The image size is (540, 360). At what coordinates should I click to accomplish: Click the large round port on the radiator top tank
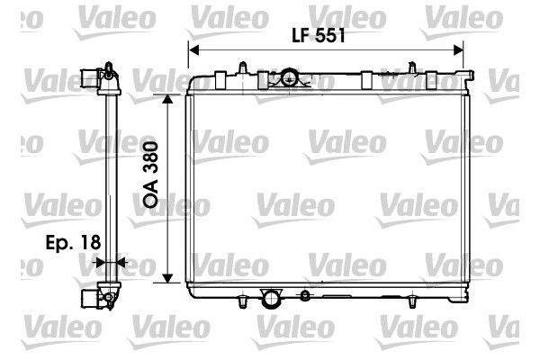[288, 78]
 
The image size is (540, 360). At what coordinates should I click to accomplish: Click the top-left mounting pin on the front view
[242, 67]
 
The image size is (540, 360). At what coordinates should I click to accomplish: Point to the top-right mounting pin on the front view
[413, 67]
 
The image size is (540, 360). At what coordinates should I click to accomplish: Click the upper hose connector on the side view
[88, 76]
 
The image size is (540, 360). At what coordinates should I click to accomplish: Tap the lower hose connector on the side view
[88, 293]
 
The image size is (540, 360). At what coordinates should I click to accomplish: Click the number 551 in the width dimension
[329, 38]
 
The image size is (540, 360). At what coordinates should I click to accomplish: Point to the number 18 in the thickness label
[88, 242]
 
